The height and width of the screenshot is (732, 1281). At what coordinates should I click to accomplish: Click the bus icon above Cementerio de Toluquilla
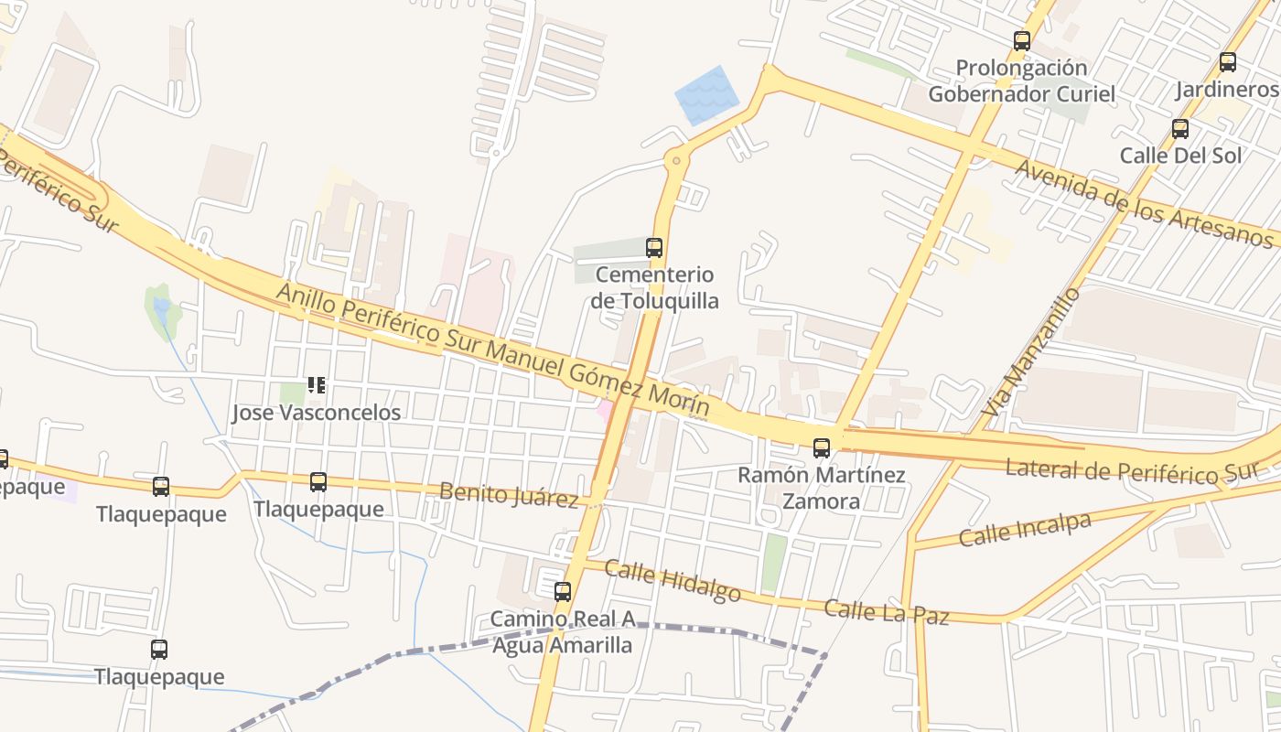point(654,247)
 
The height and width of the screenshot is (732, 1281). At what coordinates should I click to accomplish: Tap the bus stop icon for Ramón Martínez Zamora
point(822,447)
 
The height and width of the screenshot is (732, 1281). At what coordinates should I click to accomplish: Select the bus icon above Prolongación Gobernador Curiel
point(1022,40)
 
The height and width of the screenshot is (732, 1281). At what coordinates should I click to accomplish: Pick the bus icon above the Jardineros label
point(1228,62)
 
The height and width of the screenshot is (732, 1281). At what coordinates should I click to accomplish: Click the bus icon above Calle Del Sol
point(1180,128)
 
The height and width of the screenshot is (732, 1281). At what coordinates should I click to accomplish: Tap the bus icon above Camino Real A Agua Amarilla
point(563,591)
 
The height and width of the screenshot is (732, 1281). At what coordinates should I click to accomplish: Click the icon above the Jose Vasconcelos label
point(317,385)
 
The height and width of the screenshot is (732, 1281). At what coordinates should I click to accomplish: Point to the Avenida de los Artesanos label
point(1144,203)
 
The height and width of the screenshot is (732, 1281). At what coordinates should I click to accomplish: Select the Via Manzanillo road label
point(1029,358)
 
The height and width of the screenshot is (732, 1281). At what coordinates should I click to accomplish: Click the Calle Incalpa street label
point(1025,529)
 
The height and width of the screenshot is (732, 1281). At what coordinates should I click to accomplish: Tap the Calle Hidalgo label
point(673,581)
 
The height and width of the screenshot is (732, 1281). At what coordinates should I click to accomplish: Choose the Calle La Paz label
point(886,612)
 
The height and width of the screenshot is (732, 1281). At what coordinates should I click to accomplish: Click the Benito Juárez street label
point(509,494)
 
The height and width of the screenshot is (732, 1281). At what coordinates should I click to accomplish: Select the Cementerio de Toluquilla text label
point(654,287)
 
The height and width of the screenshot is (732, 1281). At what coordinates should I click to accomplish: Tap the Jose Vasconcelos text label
point(317,413)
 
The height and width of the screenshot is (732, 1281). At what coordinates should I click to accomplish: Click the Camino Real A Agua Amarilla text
point(563,632)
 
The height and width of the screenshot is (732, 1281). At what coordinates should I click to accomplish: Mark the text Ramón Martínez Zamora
point(822,488)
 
